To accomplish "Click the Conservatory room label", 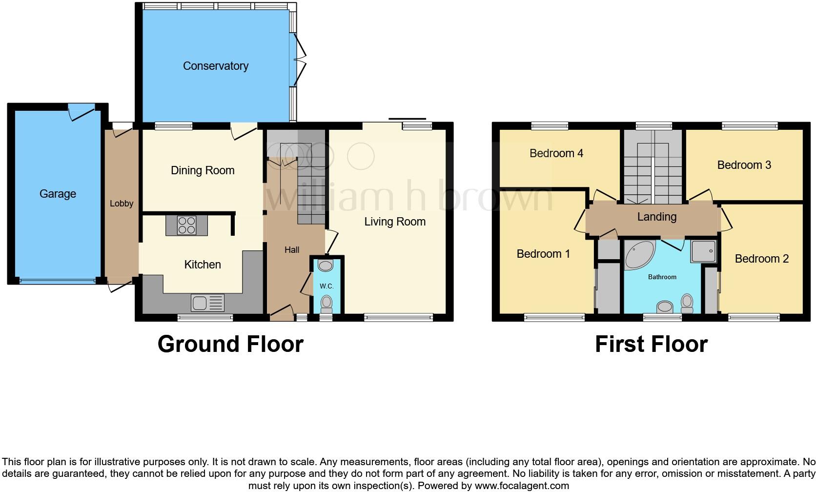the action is tap(216, 66).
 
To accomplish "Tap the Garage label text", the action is tap(58, 193).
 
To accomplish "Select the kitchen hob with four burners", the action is tap(187, 225).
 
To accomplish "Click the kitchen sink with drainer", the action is tap(207, 303).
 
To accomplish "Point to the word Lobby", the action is tap(122, 204).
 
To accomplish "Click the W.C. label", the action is tap(326, 286).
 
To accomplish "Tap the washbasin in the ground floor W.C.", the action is tap(326, 266).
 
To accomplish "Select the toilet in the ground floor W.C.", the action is tap(326, 305).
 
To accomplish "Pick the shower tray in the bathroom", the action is tap(703, 251).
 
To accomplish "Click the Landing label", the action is tap(657, 217).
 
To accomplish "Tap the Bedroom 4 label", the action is tap(556, 153).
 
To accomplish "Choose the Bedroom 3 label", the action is tap(744, 165).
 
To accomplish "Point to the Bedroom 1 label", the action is tap(543, 254).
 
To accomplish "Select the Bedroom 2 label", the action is tap(762, 259).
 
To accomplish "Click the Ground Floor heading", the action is tap(230, 344).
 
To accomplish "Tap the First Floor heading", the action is tap(652, 344).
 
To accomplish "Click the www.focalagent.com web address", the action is tap(522, 486).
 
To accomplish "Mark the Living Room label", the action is tap(395, 222).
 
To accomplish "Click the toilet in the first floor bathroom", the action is tap(687, 303).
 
